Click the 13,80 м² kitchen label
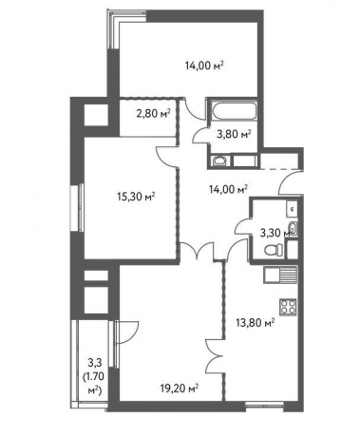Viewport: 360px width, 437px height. point(256,323)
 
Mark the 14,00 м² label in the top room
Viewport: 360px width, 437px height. point(208,66)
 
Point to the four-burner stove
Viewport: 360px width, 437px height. point(287,309)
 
